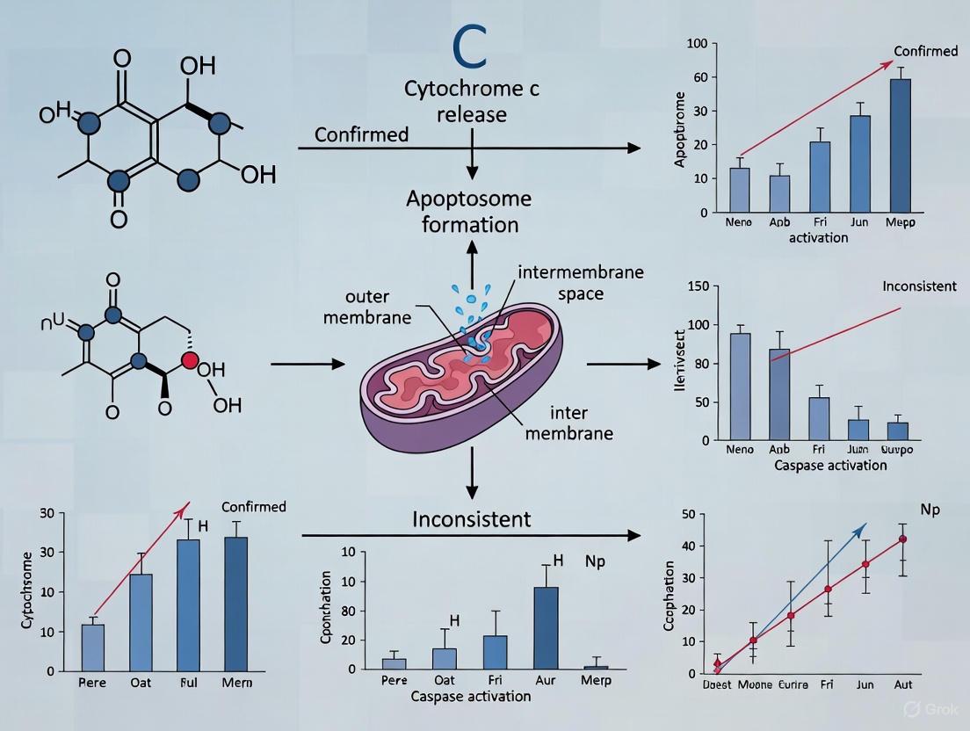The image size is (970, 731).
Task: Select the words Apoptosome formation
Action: tap(468, 211)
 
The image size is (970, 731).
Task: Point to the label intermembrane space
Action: tap(580, 283)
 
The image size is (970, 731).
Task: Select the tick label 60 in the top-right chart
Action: tap(699, 77)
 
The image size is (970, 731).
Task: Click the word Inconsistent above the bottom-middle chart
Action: tap(472, 519)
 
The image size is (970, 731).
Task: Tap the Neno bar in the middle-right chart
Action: tap(741, 387)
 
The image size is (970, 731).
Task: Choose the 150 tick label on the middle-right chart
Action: tap(697, 287)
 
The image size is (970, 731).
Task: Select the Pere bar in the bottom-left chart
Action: tap(93, 648)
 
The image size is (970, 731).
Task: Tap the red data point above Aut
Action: tap(902, 539)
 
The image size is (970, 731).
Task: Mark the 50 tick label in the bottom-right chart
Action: tap(688, 514)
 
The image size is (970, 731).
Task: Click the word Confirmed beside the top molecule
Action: tap(361, 134)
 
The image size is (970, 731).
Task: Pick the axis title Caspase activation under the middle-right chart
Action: tap(830, 465)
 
